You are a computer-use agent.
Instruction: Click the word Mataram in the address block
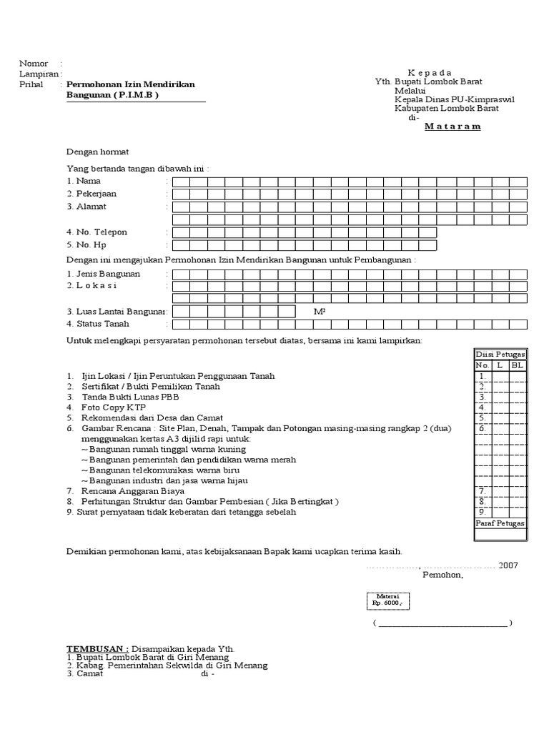pos(452,127)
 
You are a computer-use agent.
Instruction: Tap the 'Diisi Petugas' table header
pos(500,355)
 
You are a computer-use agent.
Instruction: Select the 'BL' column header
pos(517,365)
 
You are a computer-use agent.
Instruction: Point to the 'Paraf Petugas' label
pos(500,523)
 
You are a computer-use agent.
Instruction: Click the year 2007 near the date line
pos(508,565)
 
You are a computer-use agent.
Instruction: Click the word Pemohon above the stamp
pos(442,575)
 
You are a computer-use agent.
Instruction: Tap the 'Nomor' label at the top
pos(34,64)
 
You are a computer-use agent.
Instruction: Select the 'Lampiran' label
pos(39,74)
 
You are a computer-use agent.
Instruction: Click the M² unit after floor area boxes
pos(320,312)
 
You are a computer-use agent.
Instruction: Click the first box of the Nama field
pos(181,182)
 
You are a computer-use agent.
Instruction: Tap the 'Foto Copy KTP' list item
pos(108,407)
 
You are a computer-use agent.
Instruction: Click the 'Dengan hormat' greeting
pos(97,152)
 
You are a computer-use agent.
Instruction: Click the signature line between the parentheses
pos(442,623)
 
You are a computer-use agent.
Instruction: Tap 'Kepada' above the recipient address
pos(430,73)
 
